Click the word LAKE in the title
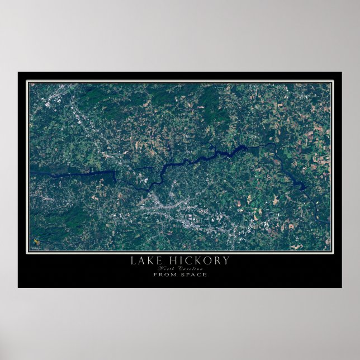143,260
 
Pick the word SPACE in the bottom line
193,274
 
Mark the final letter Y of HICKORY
225,260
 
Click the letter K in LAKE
148,260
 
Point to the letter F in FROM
155,274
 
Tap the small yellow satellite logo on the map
36,241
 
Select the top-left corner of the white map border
27,81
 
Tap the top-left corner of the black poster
18,72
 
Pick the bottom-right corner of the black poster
342,287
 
